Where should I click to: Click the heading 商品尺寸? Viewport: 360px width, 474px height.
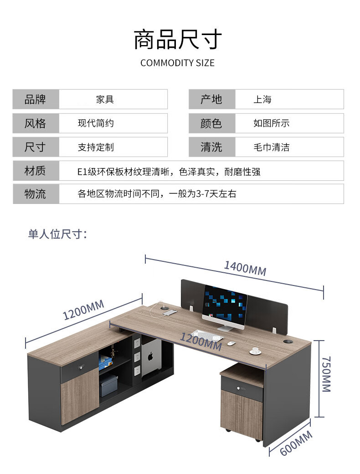(178, 39)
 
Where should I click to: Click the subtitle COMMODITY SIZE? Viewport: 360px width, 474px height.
(178, 63)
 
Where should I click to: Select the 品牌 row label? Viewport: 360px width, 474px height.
(35, 99)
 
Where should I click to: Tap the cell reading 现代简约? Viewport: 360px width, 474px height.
(96, 123)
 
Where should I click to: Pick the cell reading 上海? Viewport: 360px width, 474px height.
(262, 99)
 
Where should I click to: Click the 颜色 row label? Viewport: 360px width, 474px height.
(211, 123)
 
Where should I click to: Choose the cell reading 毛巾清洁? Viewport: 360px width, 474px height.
(271, 147)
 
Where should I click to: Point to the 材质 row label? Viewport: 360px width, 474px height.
(35, 171)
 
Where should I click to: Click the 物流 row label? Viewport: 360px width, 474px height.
(35, 194)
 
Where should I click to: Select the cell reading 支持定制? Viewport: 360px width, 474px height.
(96, 147)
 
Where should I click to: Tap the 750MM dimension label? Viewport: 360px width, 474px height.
(326, 374)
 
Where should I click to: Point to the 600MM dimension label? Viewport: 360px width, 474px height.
(296, 443)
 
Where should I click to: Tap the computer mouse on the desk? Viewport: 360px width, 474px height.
(231, 343)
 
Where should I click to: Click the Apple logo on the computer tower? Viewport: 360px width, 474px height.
(150, 357)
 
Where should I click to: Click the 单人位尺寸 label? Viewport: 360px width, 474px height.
(57, 234)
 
